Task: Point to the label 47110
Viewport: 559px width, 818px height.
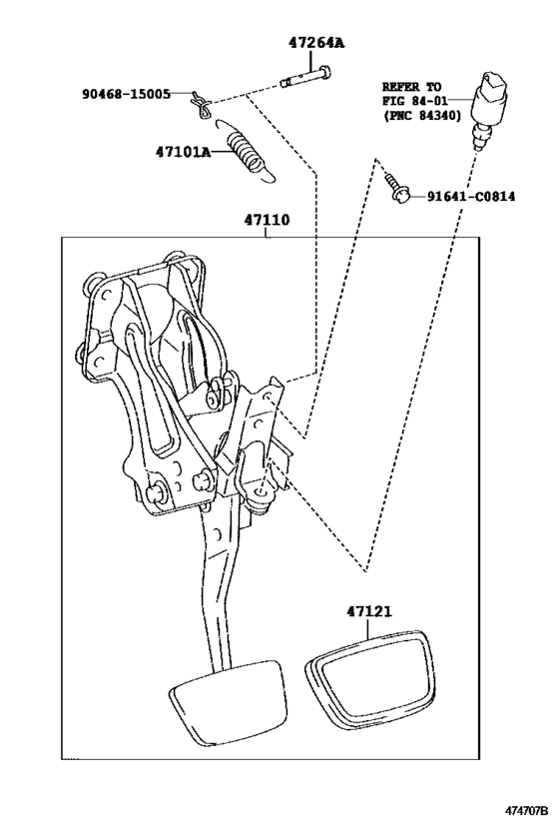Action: (x=266, y=221)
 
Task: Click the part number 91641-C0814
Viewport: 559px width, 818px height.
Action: (x=469, y=197)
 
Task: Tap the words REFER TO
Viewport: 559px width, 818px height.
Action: (x=413, y=87)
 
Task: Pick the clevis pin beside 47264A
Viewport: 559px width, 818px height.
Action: (x=305, y=74)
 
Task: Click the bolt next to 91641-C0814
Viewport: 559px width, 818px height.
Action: (x=399, y=190)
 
